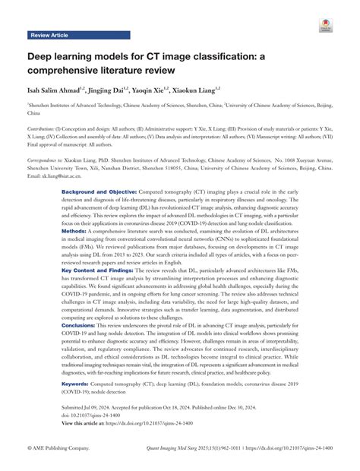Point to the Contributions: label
click(x=46, y=130)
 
